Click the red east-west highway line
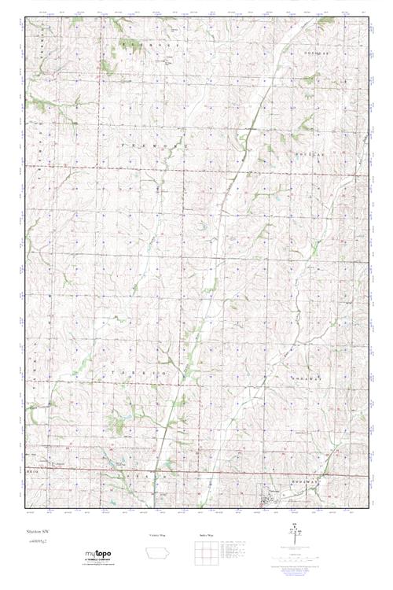[x=196, y=472]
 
